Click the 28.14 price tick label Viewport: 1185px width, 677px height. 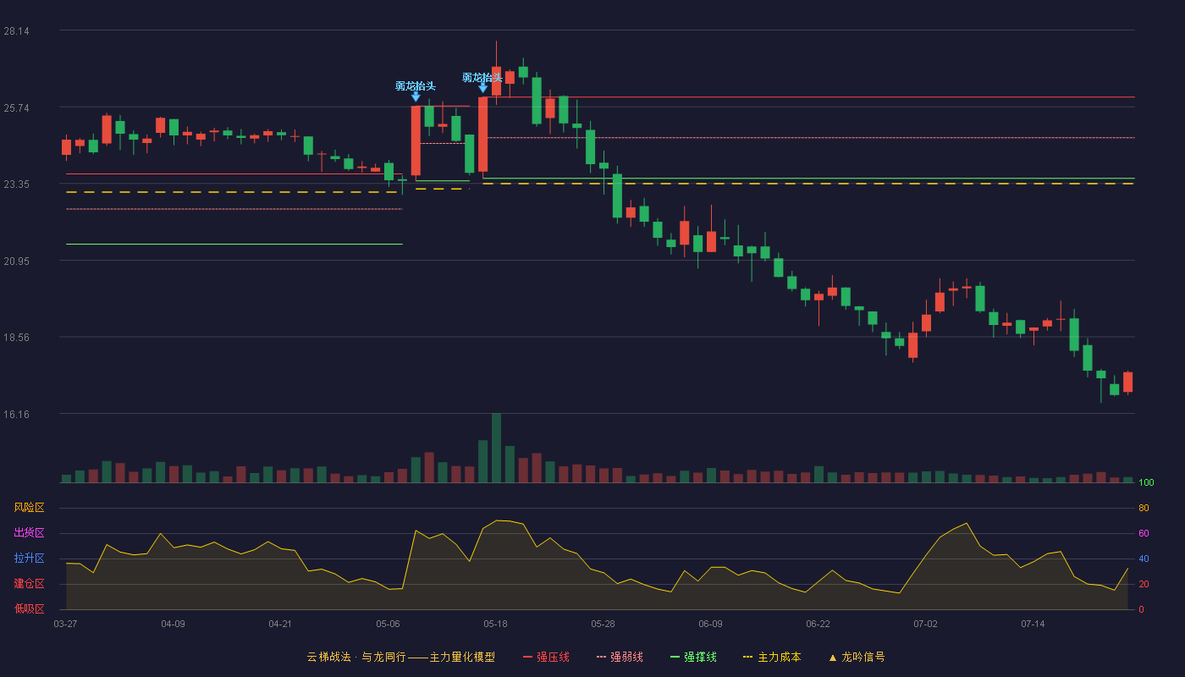[16, 31]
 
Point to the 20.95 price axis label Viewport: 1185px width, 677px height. [16, 261]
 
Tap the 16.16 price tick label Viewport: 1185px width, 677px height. [16, 414]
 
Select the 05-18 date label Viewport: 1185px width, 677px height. [495, 625]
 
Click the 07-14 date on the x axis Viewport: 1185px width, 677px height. [1033, 625]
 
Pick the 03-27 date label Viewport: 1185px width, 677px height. [66, 625]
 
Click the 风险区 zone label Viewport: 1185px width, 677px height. [29, 508]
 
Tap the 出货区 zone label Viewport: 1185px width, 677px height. [29, 532]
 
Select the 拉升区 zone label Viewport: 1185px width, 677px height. [29, 558]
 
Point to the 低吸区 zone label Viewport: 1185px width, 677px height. [29, 608]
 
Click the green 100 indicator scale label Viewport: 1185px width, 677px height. [1146, 482]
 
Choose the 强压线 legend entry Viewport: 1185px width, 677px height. [546, 657]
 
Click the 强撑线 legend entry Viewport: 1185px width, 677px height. [693, 657]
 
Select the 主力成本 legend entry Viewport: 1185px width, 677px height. [772, 657]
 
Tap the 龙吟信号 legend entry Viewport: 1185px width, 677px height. [857, 657]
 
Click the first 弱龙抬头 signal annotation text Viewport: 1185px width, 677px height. [416, 86]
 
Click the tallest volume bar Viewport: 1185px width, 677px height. [496, 448]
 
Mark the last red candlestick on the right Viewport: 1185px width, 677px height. [1127, 382]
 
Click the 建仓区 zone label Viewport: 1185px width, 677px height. [29, 583]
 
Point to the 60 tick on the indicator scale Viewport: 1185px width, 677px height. [1144, 533]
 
